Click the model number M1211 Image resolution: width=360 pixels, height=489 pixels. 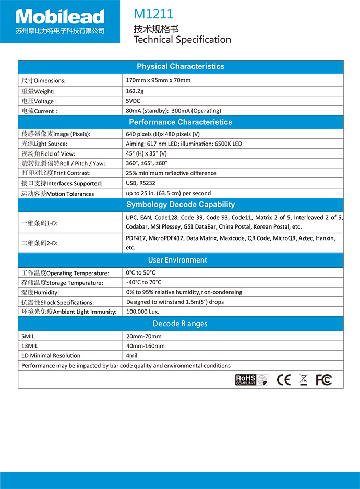pos(153,14)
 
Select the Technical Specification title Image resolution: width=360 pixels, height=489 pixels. pos(182,40)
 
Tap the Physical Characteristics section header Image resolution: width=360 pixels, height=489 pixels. pos(181,66)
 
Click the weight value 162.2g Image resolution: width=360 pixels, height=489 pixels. pos(135,91)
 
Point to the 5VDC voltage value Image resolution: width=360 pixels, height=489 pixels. pos(133,101)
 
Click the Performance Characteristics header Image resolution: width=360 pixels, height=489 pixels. pos(181,122)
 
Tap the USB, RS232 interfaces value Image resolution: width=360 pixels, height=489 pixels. pos(140,183)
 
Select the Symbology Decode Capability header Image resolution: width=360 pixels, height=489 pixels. pos(181,205)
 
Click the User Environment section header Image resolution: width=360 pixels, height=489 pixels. pos(177,260)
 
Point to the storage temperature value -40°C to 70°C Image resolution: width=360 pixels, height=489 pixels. pos(143,282)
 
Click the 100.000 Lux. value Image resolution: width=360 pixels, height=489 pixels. pos(142,312)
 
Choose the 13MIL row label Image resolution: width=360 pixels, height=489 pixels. pos(29,346)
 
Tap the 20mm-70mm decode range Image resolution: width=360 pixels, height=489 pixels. pos(143,336)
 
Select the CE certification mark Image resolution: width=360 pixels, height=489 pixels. pos(284,380)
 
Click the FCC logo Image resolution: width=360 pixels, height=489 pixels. pos(323,380)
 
